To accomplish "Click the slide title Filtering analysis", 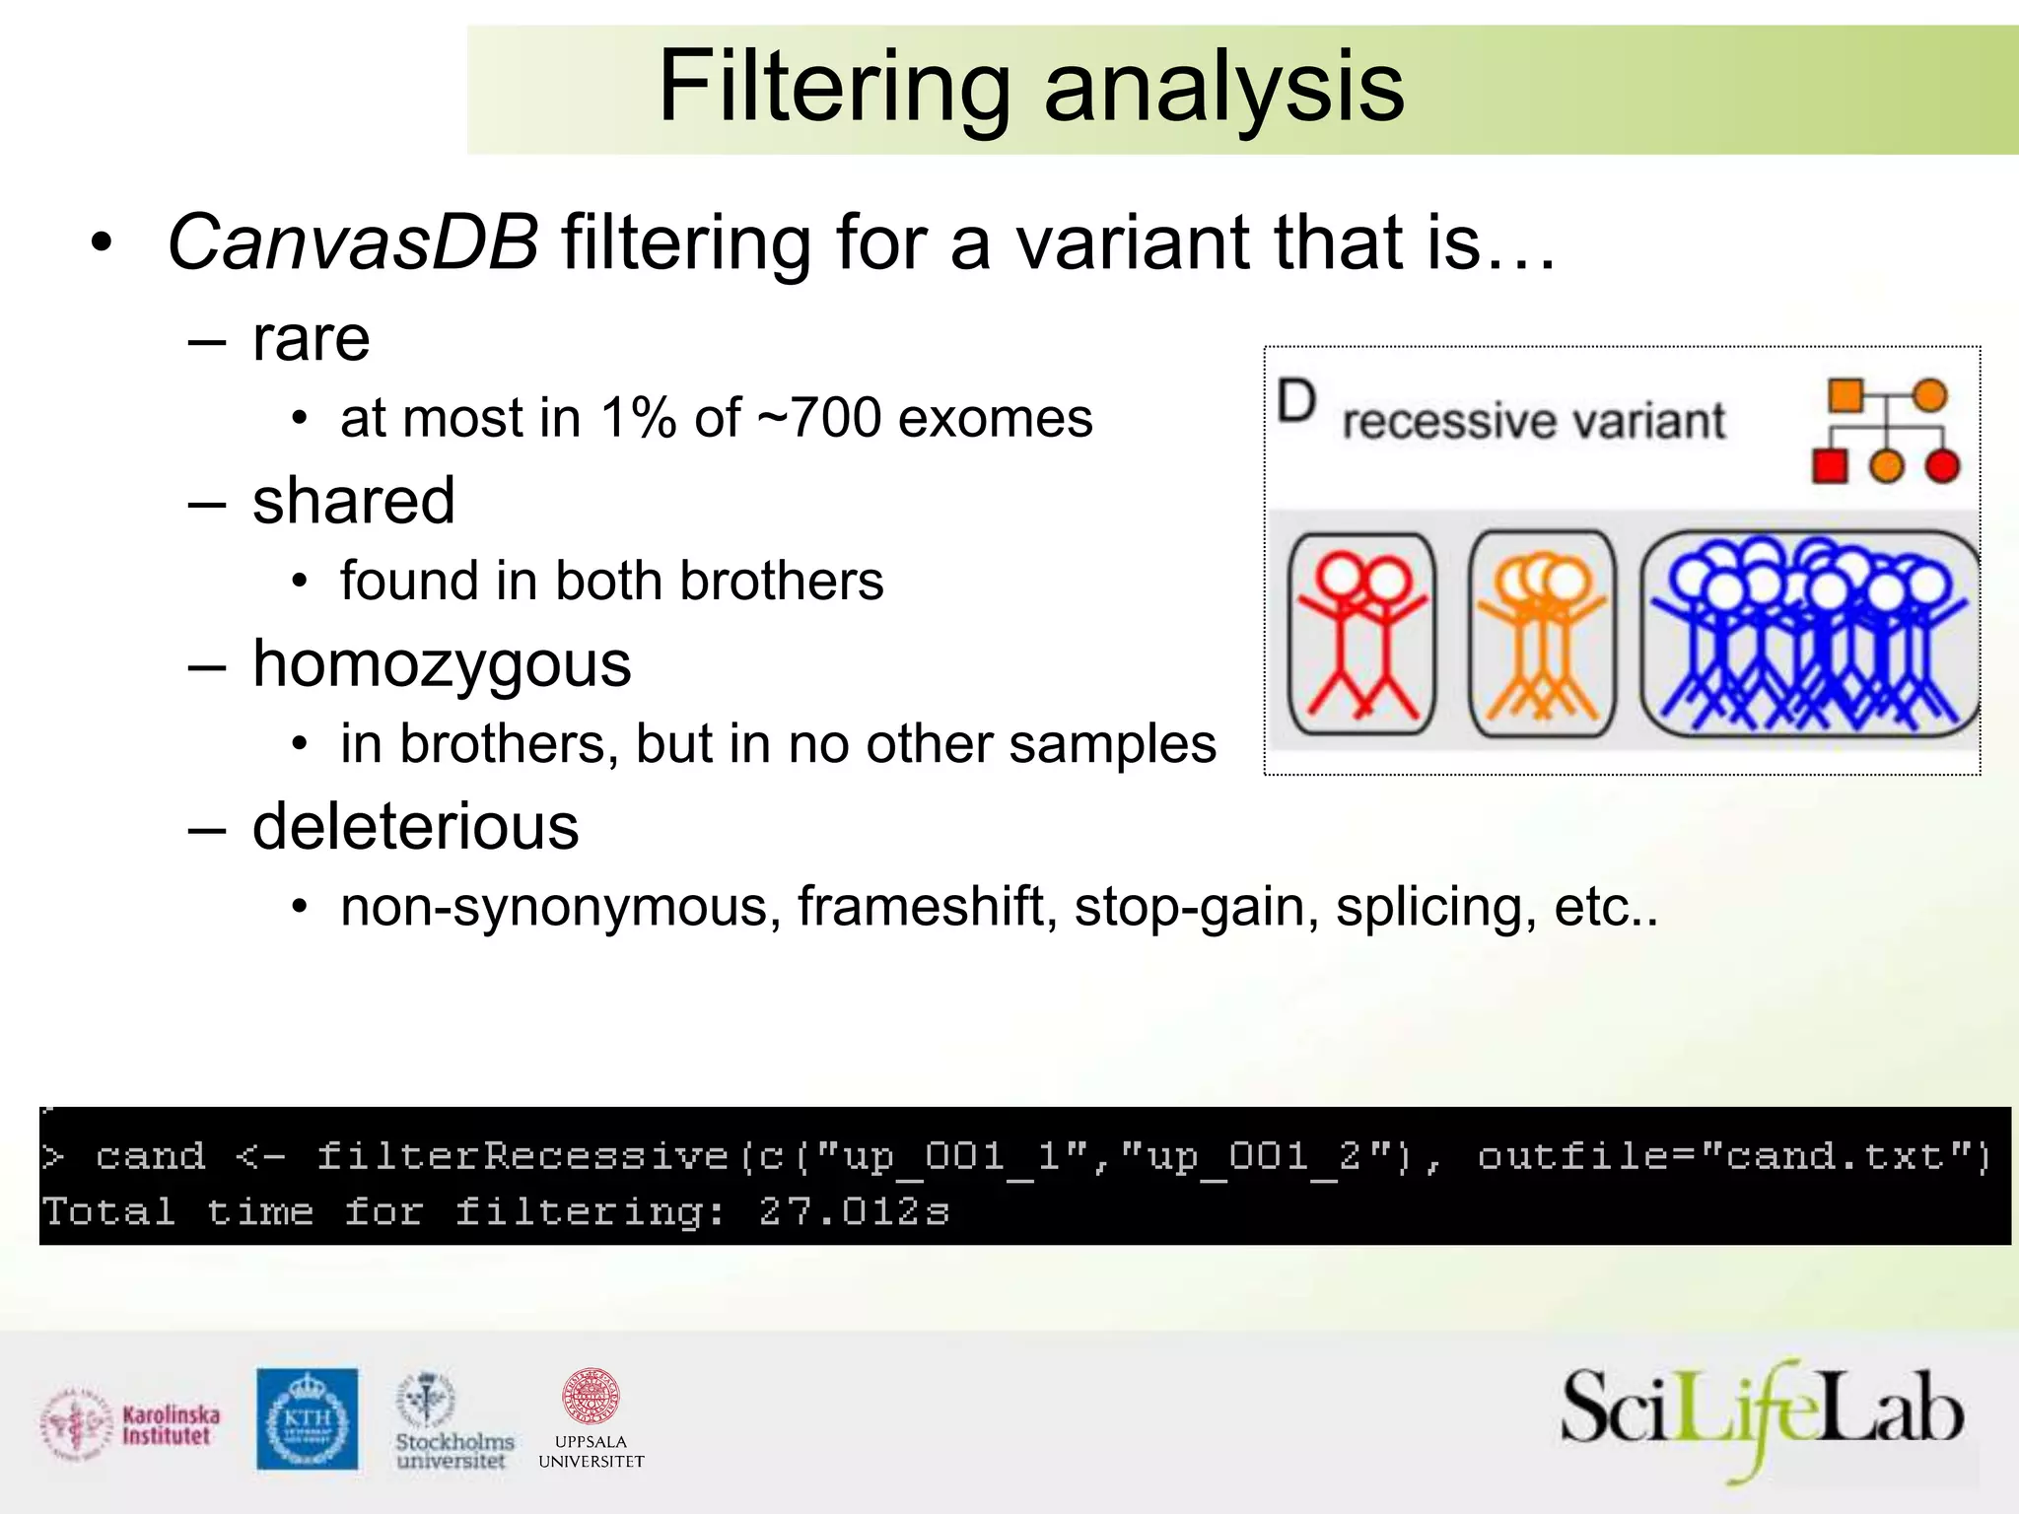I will tap(1030, 89).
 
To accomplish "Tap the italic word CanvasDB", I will tap(353, 242).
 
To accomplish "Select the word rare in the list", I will tap(311, 339).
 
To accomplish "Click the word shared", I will tap(353, 501).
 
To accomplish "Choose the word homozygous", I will tap(441, 664).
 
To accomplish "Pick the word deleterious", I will tap(415, 826).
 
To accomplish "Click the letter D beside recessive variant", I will tap(1295, 402).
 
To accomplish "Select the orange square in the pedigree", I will tap(1845, 395).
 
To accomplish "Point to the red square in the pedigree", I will tap(1830, 466).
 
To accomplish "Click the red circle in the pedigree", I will tap(1942, 466).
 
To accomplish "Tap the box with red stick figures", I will tap(1361, 634).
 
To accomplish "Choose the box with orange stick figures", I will tap(1541, 634).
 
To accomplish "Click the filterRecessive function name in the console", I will tap(522, 1156).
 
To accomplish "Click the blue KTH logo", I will tap(307, 1418).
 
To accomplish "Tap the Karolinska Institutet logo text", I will tap(171, 1425).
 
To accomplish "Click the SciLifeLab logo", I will tap(1761, 1418).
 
